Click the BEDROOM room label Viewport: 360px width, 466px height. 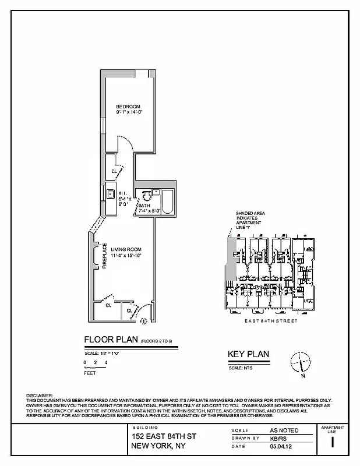[128, 105]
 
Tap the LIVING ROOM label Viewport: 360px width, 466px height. [126, 249]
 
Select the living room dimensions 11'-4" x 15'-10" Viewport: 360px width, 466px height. [126, 255]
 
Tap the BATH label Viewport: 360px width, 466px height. [144, 206]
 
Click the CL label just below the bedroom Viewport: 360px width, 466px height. [114, 171]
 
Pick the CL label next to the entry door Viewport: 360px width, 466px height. [130, 310]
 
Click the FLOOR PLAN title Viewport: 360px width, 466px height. [111, 340]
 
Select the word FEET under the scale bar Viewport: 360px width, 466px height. [90, 373]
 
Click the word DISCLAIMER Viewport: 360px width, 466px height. [40, 396]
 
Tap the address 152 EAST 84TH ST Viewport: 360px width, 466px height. [164, 436]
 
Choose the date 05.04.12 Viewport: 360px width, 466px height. [278, 447]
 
